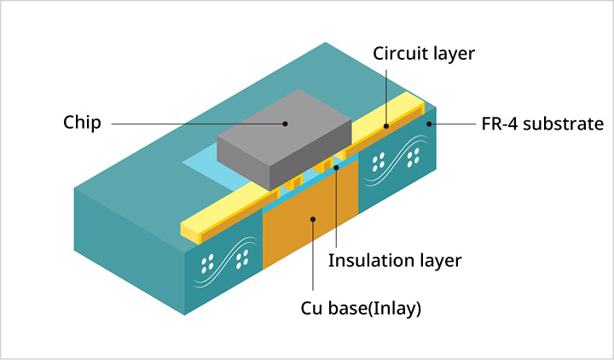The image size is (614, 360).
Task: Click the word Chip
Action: pos(82,123)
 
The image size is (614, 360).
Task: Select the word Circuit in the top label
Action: pos(400,54)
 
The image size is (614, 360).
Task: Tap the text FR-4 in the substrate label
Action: pos(500,125)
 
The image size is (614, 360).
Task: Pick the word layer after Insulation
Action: pos(439,261)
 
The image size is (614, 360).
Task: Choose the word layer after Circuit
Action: pos(452,54)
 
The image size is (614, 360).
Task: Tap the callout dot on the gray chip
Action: pos(286,123)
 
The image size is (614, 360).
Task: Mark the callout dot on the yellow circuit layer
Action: pos(385,125)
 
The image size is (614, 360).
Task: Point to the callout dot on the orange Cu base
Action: pos(314,219)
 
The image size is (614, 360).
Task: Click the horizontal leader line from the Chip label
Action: pos(196,123)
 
